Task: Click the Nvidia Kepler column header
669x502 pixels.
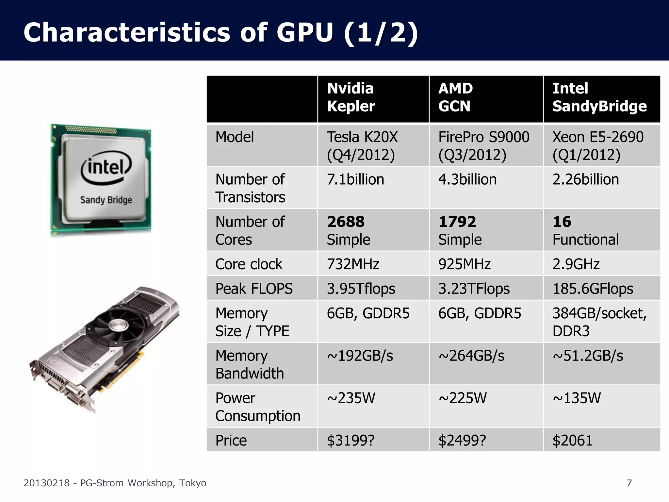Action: pyautogui.click(x=351, y=97)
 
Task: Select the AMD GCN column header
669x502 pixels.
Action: pyautogui.click(x=455, y=97)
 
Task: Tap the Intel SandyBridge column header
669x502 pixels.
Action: pyautogui.click(x=599, y=97)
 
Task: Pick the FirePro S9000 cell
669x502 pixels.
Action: pyautogui.click(x=483, y=146)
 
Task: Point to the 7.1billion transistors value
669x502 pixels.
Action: pyautogui.click(x=355, y=179)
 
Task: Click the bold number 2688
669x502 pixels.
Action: pyautogui.click(x=346, y=222)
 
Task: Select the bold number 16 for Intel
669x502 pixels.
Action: pyautogui.click(x=562, y=222)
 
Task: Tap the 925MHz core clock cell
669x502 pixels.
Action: pyautogui.click(x=464, y=264)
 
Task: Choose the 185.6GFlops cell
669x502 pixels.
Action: pyautogui.click(x=593, y=289)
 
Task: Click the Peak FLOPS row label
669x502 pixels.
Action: pyautogui.click(x=254, y=289)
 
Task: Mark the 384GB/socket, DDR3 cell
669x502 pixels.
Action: pyautogui.click(x=599, y=322)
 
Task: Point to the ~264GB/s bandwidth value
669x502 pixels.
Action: pyautogui.click(x=471, y=356)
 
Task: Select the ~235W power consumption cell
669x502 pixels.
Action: pyautogui.click(x=351, y=398)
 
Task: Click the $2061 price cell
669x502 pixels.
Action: pyautogui.click(x=572, y=440)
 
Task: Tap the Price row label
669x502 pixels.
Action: pyautogui.click(x=231, y=440)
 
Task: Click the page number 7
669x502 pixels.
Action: pyautogui.click(x=629, y=483)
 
